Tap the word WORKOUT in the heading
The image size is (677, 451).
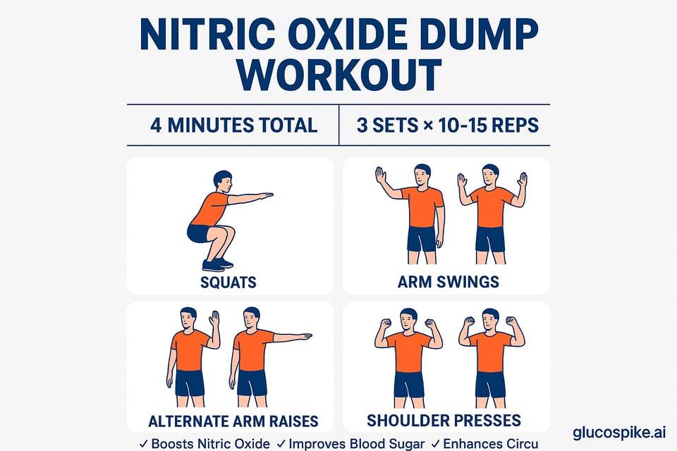pyautogui.click(x=339, y=75)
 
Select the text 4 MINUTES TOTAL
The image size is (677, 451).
pyautogui.click(x=233, y=125)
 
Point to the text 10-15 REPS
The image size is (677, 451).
pyautogui.click(x=488, y=125)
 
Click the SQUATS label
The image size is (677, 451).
pyautogui.click(x=228, y=282)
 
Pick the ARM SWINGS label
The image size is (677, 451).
pyautogui.click(x=449, y=282)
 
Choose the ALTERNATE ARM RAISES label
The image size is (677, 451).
pyautogui.click(x=233, y=421)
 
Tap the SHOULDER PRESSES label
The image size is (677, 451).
pyautogui.click(x=444, y=421)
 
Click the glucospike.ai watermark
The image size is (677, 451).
pyautogui.click(x=620, y=432)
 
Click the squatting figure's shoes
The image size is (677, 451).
pyautogui.click(x=217, y=264)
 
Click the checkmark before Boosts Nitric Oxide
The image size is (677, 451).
pyautogui.click(x=144, y=443)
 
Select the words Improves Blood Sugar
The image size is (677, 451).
pyautogui.click(x=356, y=444)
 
